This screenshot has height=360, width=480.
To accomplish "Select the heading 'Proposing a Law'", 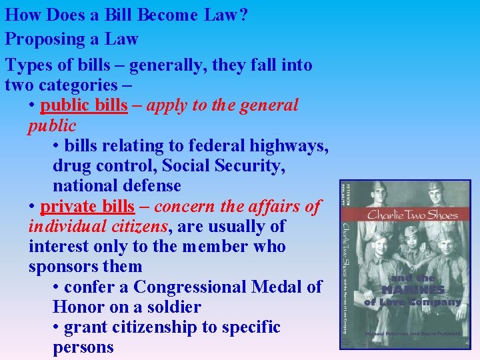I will pyautogui.click(x=71, y=39).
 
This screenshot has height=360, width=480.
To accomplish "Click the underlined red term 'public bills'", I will pyautogui.click(x=83, y=105).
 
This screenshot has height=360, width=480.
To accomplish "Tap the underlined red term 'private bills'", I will pyautogui.click(x=87, y=207).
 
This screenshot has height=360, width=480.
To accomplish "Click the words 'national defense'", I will pyautogui.click(x=117, y=186).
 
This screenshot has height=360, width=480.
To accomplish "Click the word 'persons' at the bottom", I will pyautogui.click(x=83, y=347).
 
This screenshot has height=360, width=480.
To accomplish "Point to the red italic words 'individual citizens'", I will pyautogui.click(x=98, y=227).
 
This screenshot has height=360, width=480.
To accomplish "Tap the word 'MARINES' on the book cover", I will pyautogui.click(x=413, y=290).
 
